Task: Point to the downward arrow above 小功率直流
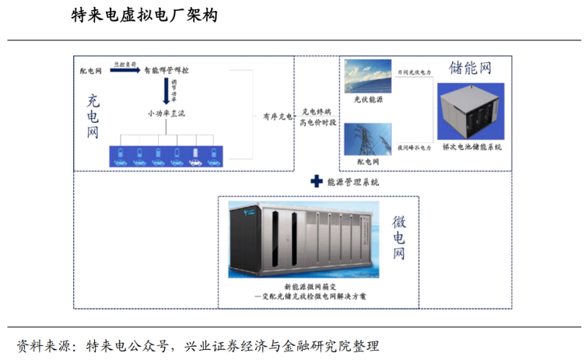(166, 91)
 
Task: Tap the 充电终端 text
(317, 112)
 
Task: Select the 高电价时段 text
(317, 123)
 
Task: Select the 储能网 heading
(470, 68)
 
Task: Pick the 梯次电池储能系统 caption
(471, 146)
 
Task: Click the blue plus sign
(315, 182)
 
